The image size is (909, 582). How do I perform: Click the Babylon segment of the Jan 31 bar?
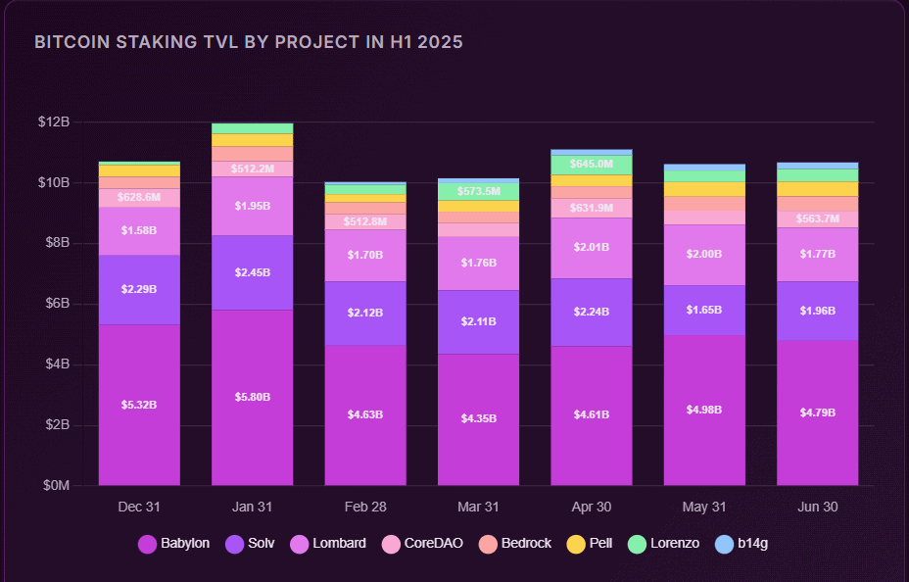252,397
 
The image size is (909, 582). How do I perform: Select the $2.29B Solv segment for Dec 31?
139,289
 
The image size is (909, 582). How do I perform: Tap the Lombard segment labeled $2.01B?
592,247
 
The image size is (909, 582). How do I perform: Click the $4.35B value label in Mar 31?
478,418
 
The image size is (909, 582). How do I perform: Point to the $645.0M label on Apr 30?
592,164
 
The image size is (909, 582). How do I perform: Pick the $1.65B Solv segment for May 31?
704,310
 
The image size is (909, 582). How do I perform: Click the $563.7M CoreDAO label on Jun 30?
817,218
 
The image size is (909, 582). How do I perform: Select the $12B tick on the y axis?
54,122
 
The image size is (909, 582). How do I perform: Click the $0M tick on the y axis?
54,485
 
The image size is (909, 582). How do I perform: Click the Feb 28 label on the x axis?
365,508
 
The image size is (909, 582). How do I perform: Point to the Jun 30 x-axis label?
817,508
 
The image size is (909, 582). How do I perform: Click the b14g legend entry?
749,543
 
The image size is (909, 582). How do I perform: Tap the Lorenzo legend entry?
664,543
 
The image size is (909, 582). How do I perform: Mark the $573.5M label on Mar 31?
478,191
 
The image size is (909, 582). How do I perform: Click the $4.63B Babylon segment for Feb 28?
365,414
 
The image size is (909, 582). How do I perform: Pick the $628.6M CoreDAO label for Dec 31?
139,197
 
